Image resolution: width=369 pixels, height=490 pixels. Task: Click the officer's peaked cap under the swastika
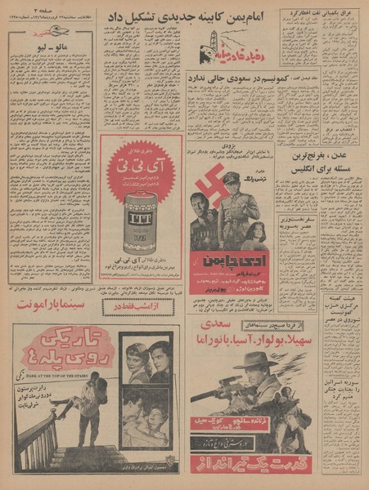232,178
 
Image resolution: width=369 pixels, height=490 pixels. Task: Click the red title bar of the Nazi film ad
232,261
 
